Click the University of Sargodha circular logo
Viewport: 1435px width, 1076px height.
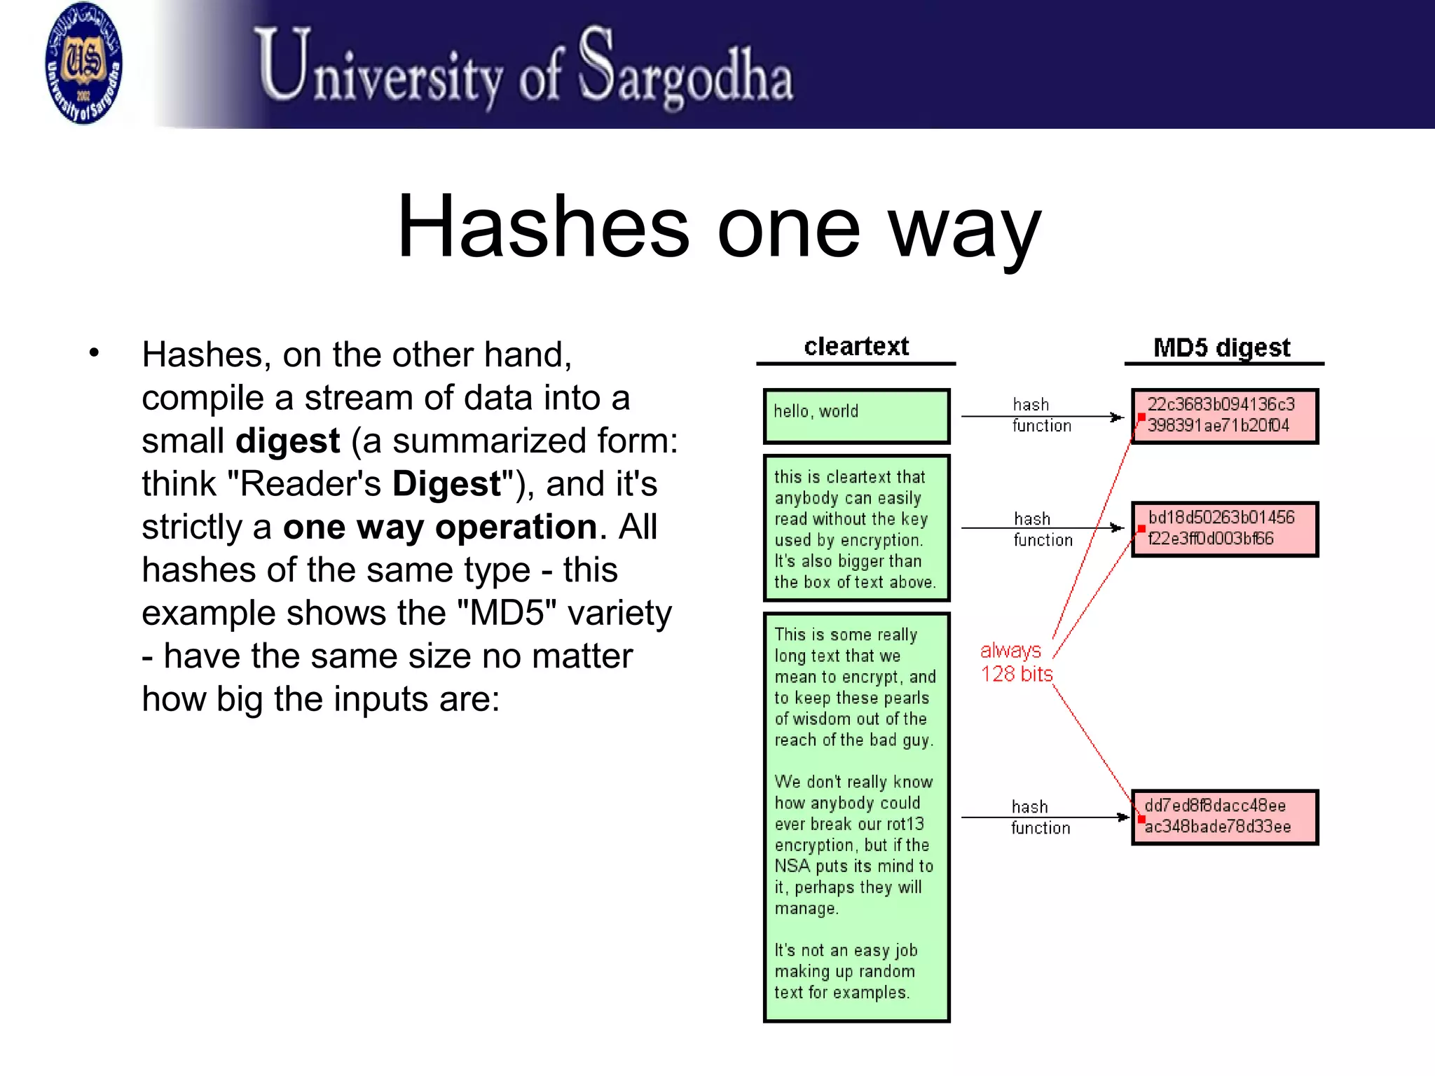tap(83, 63)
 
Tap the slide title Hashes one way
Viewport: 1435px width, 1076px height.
tap(719, 227)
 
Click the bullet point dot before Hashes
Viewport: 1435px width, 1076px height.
tap(95, 353)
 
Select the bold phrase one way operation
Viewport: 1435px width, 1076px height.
tap(440, 527)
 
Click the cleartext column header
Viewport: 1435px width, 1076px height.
tap(856, 347)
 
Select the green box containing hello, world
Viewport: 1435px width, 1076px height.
tap(856, 416)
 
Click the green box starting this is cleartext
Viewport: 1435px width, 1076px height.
tap(856, 528)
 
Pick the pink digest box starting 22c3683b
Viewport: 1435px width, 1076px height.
tap(1225, 416)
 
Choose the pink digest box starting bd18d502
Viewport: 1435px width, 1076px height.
tap(1225, 529)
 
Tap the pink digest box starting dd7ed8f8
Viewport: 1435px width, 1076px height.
tap(1225, 817)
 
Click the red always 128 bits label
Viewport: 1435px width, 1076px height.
tap(1015, 662)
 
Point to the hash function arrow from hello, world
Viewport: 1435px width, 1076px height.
tap(1041, 417)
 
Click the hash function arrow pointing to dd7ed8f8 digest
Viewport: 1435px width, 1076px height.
tap(1044, 818)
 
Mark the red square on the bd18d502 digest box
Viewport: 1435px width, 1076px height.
tap(1141, 529)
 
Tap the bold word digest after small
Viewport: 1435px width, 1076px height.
tap(288, 441)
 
